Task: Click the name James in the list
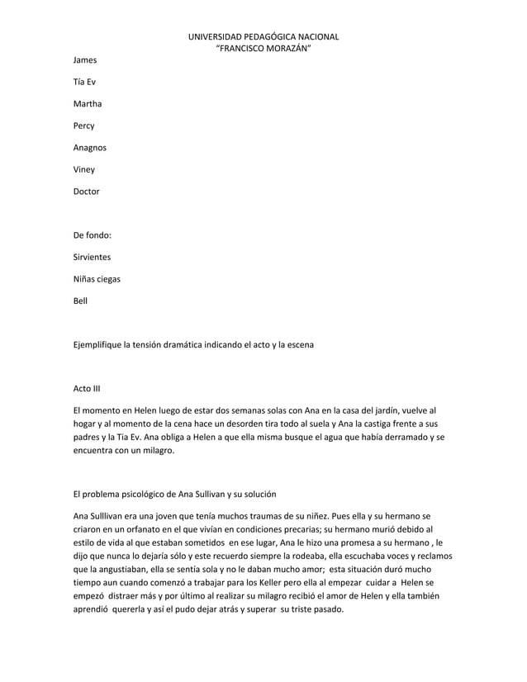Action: (85, 60)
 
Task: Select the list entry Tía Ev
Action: (84, 83)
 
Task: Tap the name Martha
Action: (88, 104)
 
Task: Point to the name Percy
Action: (84, 126)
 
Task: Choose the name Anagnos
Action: (90, 148)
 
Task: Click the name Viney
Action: (84, 170)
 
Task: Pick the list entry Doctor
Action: (87, 192)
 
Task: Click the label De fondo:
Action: (93, 235)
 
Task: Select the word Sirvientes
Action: (93, 258)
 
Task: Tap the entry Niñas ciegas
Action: (97, 279)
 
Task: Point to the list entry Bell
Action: (80, 301)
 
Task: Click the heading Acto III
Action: (87, 388)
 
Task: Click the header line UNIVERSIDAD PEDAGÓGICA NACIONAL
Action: (263, 36)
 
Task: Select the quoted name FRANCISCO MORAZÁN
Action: (263, 48)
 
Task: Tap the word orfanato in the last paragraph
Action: (145, 529)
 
